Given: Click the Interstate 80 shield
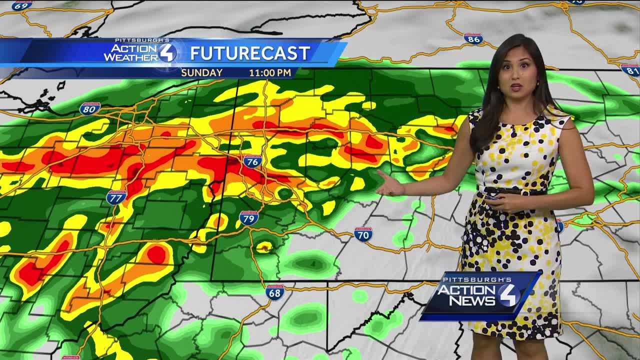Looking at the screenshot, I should pos(90,108).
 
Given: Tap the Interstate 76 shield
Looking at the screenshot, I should pos(252,161).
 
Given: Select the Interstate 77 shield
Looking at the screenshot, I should pos(116,197).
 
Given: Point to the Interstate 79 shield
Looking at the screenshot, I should pos(248,217).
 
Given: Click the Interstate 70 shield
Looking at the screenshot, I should pos(363,234).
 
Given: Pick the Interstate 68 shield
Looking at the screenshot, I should pos(275,292).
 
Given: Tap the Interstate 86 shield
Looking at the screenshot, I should pos(473,39).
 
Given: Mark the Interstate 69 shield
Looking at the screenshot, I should pos(22,5).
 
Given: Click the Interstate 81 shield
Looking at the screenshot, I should pos(630,69).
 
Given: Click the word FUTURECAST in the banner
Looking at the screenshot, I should pos(250,53).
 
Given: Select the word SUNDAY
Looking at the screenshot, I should pos(201,73).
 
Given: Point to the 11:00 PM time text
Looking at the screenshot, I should pos(270,73).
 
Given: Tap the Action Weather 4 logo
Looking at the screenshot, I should pos(140,51).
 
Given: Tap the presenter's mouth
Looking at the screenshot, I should pos(516,87).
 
